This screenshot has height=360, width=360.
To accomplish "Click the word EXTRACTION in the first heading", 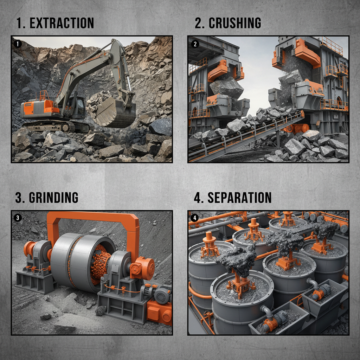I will point(62,23).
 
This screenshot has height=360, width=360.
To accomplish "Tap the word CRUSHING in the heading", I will point(234,23).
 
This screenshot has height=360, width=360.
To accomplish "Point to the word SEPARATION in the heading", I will point(239,198).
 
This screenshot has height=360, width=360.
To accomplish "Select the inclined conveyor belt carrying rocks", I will point(246,135).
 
